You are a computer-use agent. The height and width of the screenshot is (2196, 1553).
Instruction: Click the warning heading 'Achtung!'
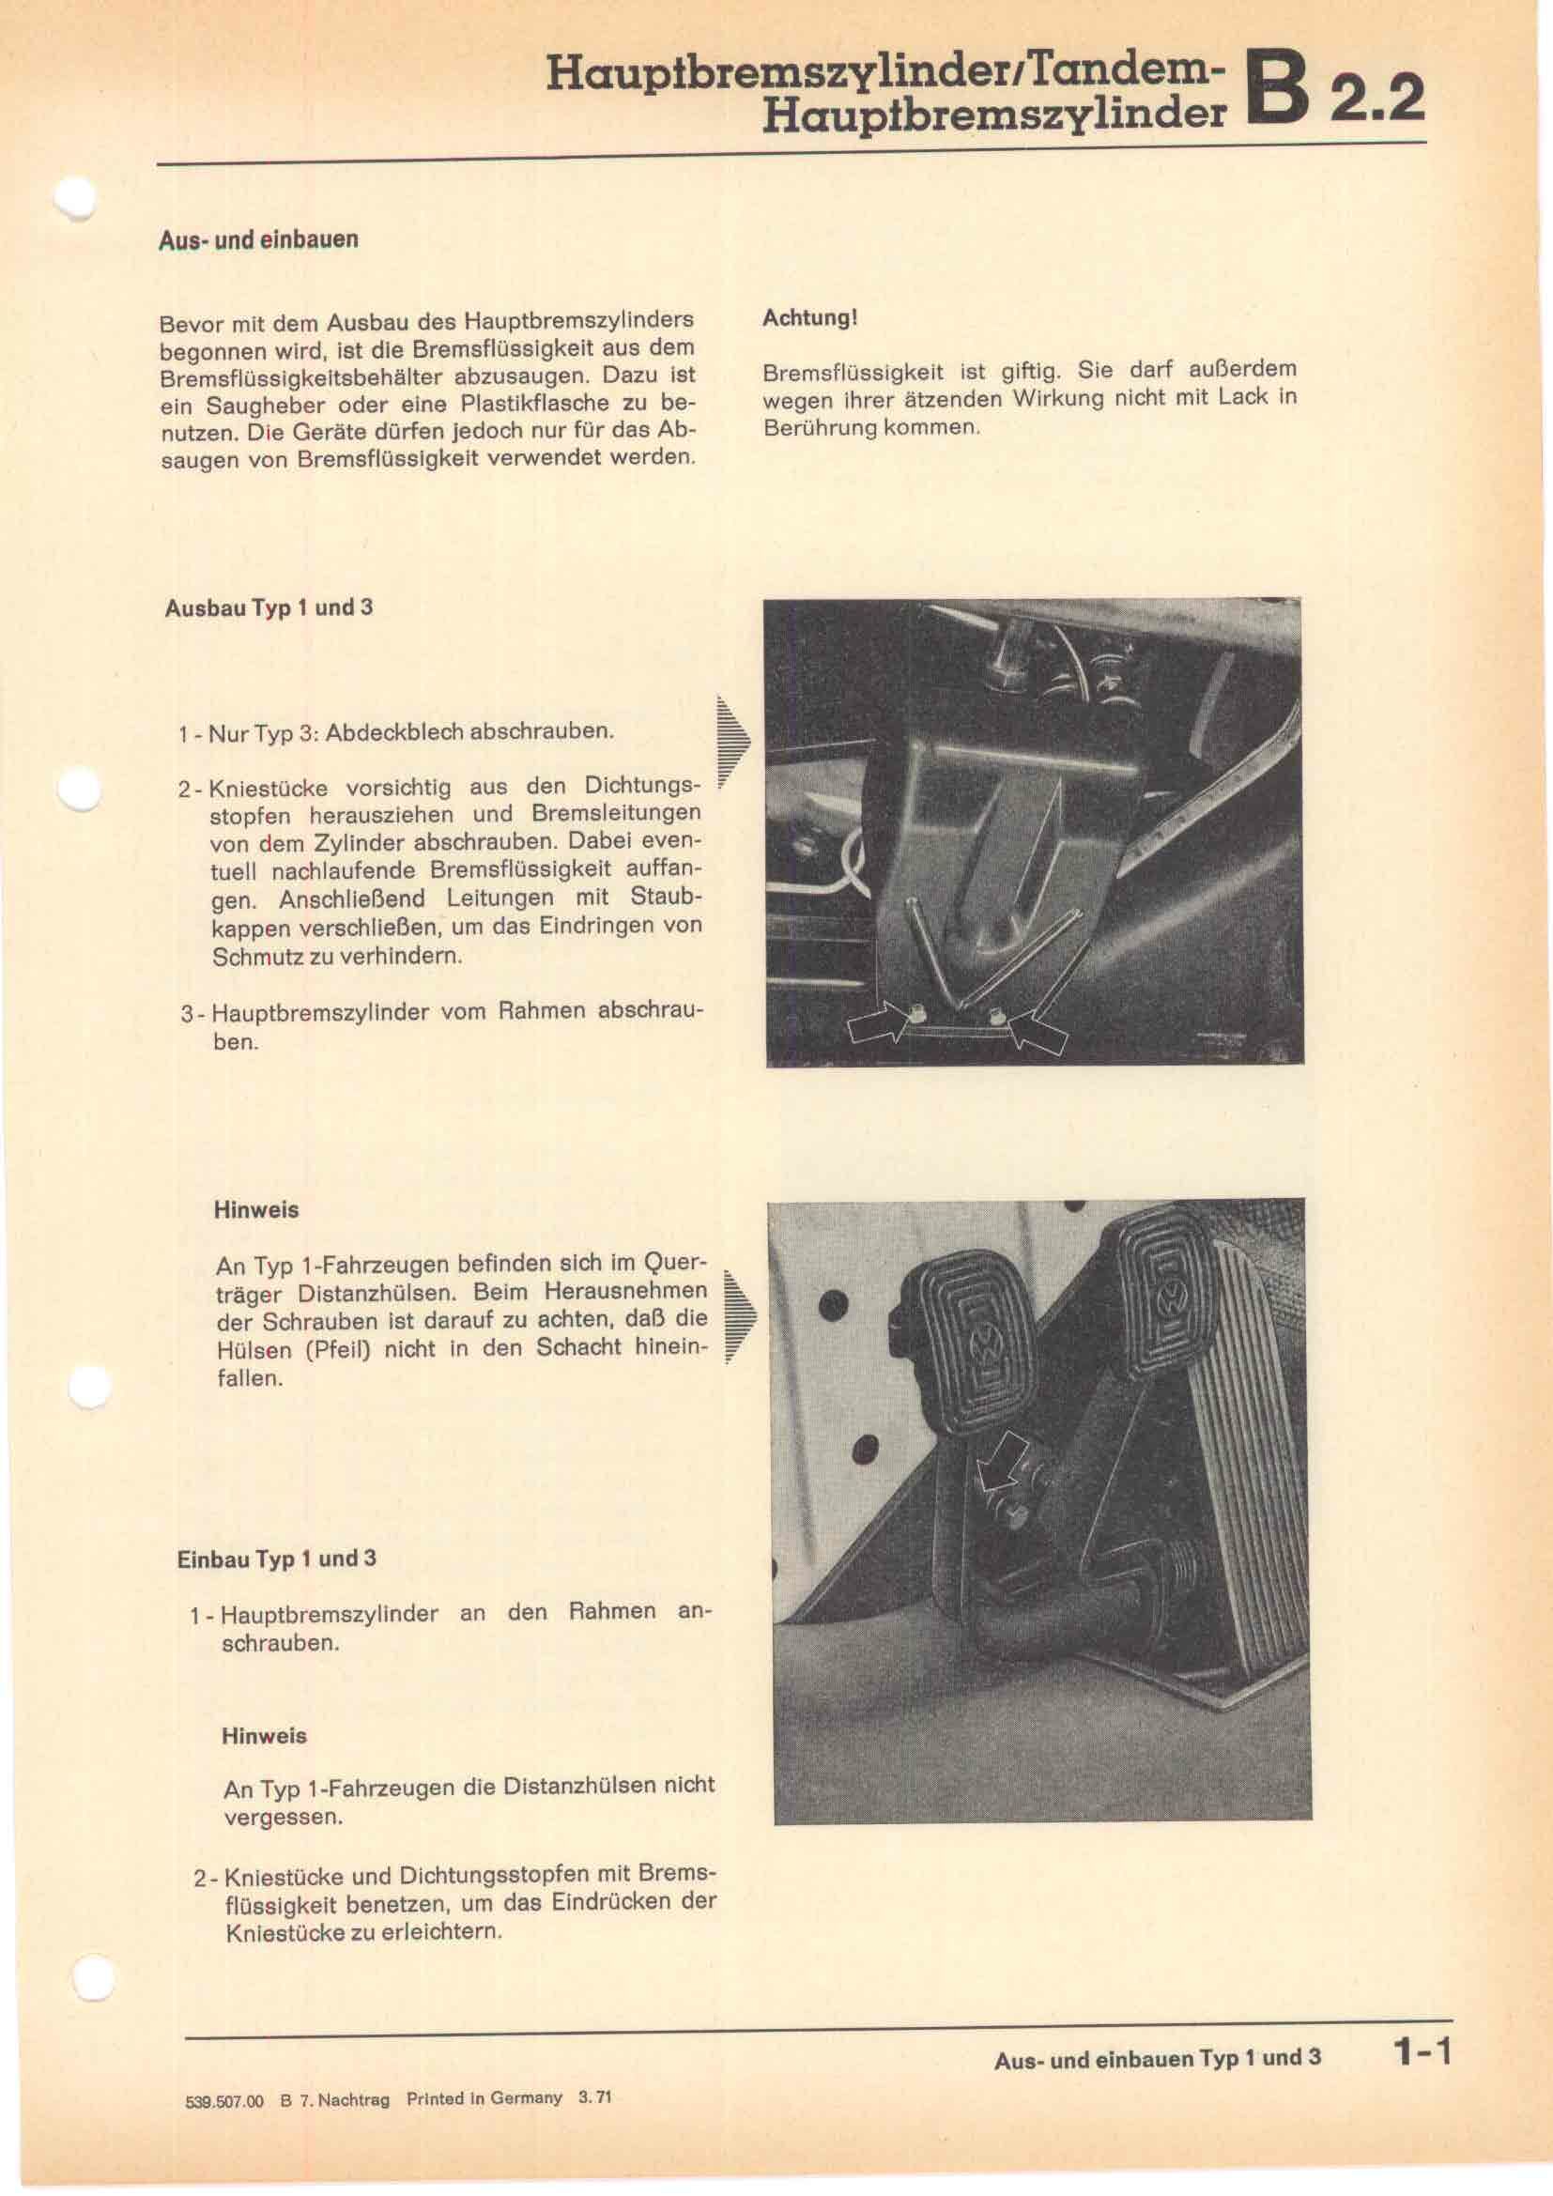click(x=809, y=317)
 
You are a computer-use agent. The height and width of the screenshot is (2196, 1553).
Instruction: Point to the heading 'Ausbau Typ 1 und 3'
click(x=269, y=608)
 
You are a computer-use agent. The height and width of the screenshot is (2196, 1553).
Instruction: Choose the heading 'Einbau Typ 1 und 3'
click(x=276, y=1559)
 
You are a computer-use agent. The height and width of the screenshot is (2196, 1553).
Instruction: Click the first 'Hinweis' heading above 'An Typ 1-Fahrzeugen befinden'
click(x=256, y=1210)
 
